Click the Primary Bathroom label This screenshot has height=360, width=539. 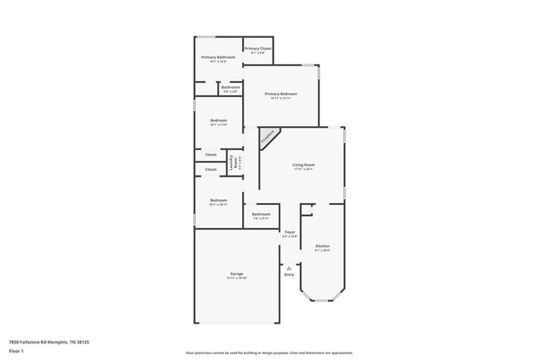pos(218,57)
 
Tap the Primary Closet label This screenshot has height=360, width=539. pos(258,49)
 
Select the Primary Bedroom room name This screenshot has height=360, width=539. pos(280,94)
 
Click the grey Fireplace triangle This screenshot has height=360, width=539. pos(267,136)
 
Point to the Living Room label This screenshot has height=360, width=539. pos(303,165)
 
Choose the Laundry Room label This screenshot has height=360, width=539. pos(234,163)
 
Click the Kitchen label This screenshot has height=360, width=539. pos(323,246)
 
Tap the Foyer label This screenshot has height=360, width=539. pos(289,232)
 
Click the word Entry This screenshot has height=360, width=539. pos(289,275)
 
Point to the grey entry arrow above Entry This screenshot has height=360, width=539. pos(289,267)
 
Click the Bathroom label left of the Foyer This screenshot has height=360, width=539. pos(260,215)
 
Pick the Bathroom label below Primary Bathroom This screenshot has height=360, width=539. pos(231,87)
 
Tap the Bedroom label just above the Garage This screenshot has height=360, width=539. pos(218,200)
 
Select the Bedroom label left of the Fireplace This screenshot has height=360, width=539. pos(218,120)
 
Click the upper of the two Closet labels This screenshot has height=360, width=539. pos(211,154)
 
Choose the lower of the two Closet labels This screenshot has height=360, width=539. pos(211,169)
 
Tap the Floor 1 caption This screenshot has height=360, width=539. pos(16,351)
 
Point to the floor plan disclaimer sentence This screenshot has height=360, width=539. pos(269,353)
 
